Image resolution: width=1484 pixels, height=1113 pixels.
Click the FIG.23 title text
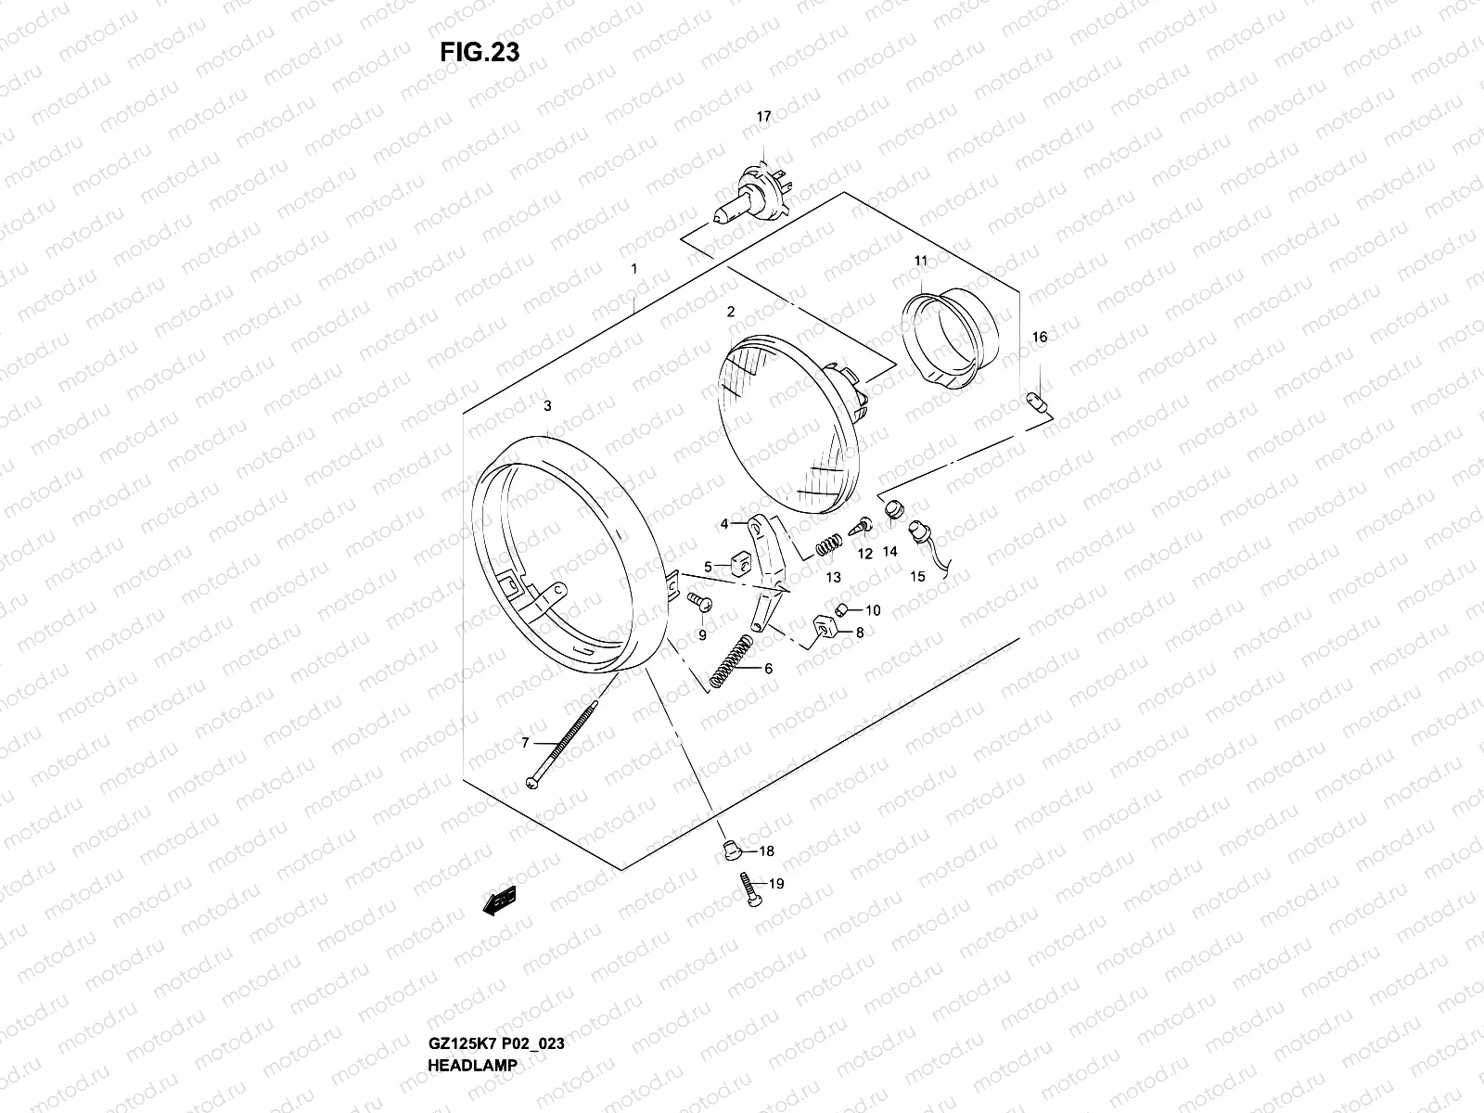[x=480, y=52]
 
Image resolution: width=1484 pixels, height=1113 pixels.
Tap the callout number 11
[x=920, y=262]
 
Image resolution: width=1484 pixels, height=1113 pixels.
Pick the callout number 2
[x=731, y=312]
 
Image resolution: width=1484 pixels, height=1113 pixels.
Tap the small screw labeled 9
[x=697, y=605]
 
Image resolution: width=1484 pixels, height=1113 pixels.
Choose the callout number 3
[x=547, y=405]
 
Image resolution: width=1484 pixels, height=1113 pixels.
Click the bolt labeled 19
[x=748, y=889]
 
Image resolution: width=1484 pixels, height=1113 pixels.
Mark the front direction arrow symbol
[x=499, y=902]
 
